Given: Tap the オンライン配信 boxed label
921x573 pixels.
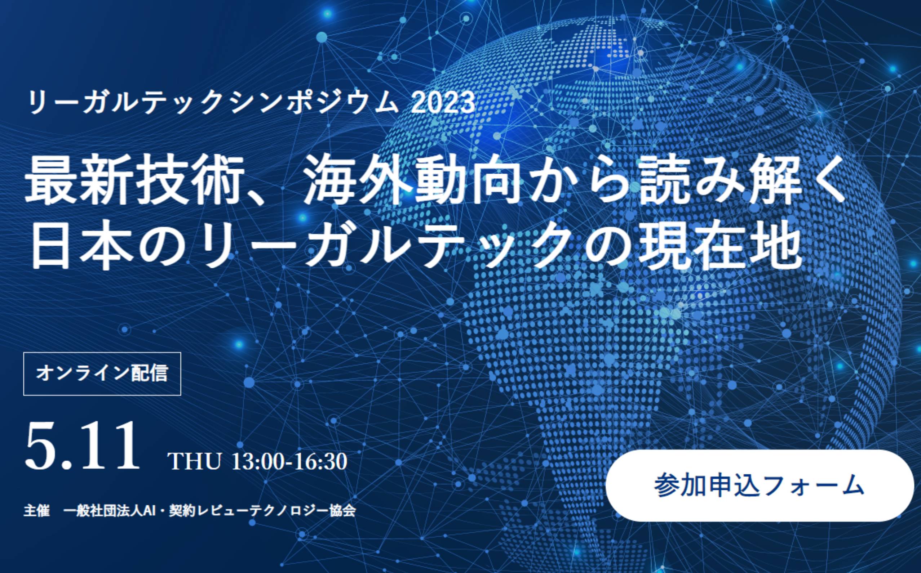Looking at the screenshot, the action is (102, 374).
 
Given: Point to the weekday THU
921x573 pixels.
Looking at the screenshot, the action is (195, 462).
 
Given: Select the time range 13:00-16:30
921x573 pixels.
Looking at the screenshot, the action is (290, 462).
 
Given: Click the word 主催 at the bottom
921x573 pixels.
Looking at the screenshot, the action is (37, 510).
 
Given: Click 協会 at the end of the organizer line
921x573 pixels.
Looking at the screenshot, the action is (342, 510).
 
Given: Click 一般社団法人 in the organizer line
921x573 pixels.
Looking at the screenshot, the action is (102, 510).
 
